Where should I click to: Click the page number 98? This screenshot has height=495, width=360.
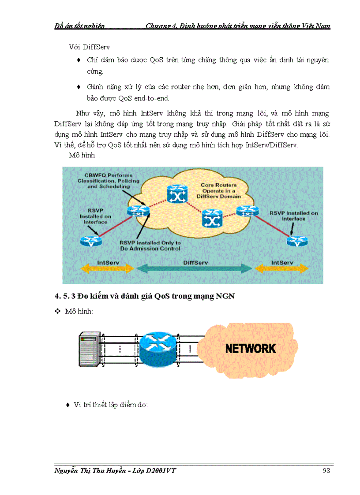[326, 471]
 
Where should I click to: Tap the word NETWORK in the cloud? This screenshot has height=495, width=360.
[251, 349]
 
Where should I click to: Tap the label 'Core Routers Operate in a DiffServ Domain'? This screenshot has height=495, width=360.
[219, 190]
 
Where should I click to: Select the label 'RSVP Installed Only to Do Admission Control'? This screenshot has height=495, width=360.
[150, 246]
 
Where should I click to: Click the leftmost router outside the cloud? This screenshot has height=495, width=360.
[91, 241]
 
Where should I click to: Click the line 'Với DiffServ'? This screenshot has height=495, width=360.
[83, 47]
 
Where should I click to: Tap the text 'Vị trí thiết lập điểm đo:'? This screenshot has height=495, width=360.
[110, 405]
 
